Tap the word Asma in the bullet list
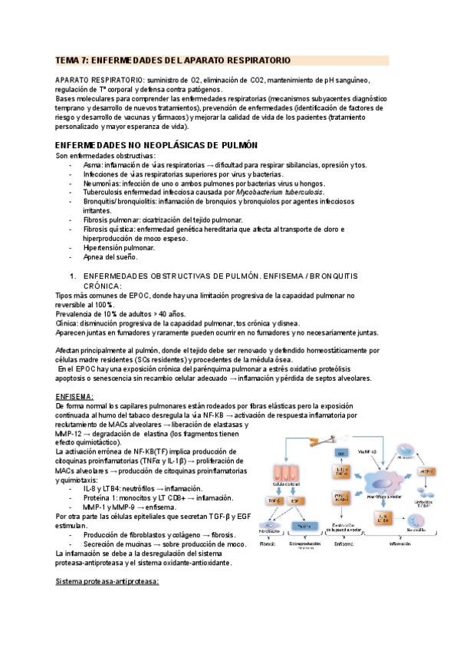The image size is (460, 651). click(x=92, y=165)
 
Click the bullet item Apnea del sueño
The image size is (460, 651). click(x=110, y=257)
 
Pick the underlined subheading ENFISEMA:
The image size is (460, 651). click(x=75, y=396)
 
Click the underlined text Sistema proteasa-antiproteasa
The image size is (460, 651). click(x=107, y=581)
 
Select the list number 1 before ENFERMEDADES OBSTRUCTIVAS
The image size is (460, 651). click(x=71, y=275)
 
